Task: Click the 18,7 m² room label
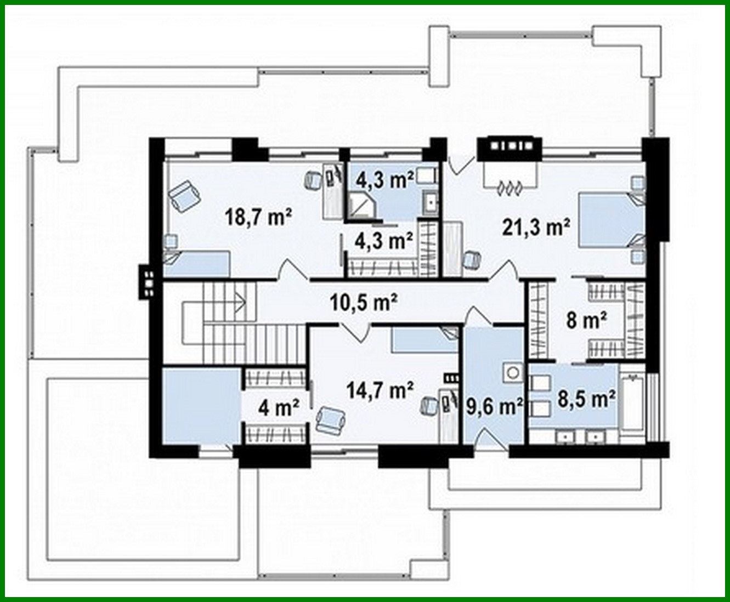pyautogui.click(x=258, y=218)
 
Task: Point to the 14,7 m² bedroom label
pyautogui.click(x=380, y=390)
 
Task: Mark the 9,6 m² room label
pyautogui.click(x=494, y=406)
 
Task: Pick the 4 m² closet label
pyautogui.click(x=279, y=407)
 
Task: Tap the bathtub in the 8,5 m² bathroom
pyautogui.click(x=633, y=404)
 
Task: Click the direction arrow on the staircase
pyautogui.click(x=239, y=300)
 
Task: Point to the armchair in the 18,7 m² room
pyautogui.click(x=184, y=196)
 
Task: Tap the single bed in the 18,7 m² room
pyautogui.click(x=197, y=264)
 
